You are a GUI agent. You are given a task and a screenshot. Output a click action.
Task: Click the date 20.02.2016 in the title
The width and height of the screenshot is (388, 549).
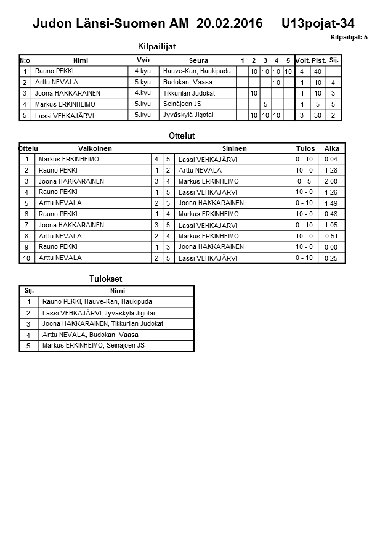coord(230,24)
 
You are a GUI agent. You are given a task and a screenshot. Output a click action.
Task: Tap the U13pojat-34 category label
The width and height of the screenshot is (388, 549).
coord(318,24)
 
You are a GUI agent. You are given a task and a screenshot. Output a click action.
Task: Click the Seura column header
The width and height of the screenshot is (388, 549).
coord(198,60)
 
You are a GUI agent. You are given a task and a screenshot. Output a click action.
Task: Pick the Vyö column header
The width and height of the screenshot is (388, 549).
coord(142,60)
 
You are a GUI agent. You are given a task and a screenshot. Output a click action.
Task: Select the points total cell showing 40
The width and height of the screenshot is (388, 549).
coord(318,71)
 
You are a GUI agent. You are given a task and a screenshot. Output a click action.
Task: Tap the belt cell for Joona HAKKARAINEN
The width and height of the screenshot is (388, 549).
coord(142,93)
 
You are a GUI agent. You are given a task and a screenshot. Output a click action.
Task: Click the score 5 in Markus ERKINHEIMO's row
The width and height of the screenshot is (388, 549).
coord(265,104)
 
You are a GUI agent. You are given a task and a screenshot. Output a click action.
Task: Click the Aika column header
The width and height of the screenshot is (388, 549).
coord(332,148)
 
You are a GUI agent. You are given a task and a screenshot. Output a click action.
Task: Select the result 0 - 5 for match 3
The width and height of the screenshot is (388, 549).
coord(305,182)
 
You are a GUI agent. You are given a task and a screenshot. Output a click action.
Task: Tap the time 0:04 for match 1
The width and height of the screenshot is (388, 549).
coord(332,160)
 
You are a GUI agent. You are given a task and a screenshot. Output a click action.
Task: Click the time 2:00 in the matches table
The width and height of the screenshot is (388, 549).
coord(332,182)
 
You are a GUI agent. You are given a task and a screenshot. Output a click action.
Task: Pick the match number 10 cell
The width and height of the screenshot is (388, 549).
coord(26,258)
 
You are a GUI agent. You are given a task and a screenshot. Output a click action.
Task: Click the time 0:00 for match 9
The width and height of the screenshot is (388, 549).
coord(332,247)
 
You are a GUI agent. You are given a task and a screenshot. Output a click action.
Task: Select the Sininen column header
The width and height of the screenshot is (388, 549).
coord(234,148)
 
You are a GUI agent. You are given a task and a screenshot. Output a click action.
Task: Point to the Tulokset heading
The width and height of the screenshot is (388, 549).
coord(106,279)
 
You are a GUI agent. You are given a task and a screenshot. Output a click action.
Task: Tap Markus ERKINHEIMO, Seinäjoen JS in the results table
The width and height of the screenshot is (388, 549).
coord(93,346)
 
